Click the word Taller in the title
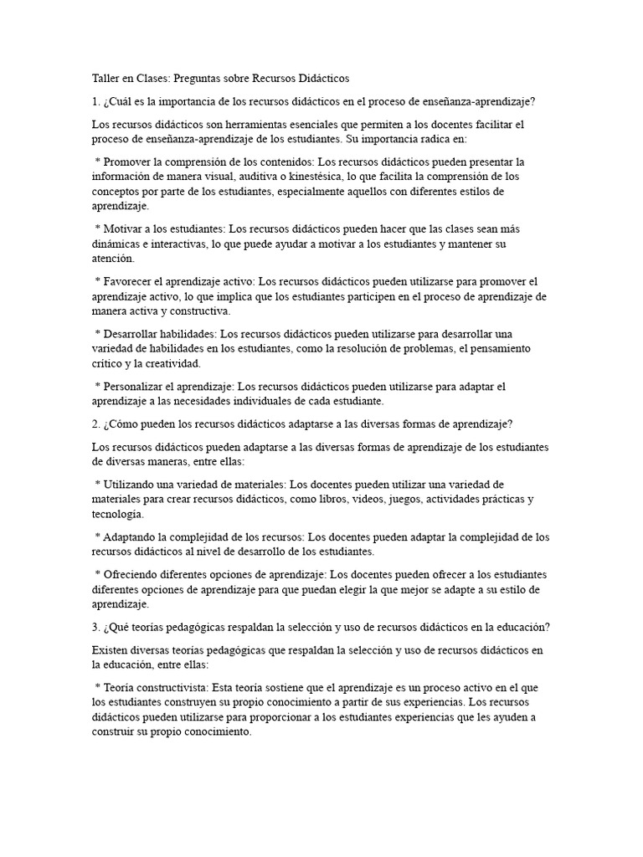[x=106, y=78]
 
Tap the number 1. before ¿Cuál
[x=96, y=102]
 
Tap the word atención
[x=112, y=259]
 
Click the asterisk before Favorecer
[x=97, y=283]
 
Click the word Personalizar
[x=137, y=387]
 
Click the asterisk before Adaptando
[x=97, y=536]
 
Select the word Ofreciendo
[x=131, y=575]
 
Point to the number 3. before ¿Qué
[x=96, y=627]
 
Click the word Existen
[x=109, y=649]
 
